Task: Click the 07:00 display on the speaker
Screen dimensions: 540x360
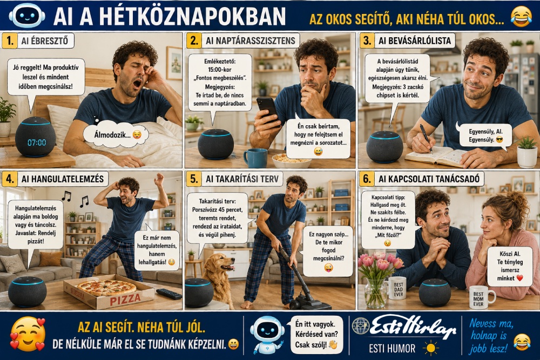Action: (37, 142)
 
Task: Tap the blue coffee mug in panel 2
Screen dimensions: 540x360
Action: (255, 158)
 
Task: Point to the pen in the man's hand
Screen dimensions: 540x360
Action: (426, 138)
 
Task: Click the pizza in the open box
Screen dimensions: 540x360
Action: (106, 288)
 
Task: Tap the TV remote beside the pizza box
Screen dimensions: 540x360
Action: (168, 294)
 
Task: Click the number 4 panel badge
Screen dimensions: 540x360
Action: (9, 179)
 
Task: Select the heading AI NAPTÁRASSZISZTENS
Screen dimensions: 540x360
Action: (251, 40)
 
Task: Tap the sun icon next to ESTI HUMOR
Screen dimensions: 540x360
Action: (430, 348)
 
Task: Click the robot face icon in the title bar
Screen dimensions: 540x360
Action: (27, 15)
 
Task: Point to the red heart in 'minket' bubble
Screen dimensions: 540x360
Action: (519, 278)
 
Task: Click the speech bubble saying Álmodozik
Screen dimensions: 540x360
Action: (116, 134)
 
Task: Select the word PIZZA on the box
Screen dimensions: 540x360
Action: (125, 299)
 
